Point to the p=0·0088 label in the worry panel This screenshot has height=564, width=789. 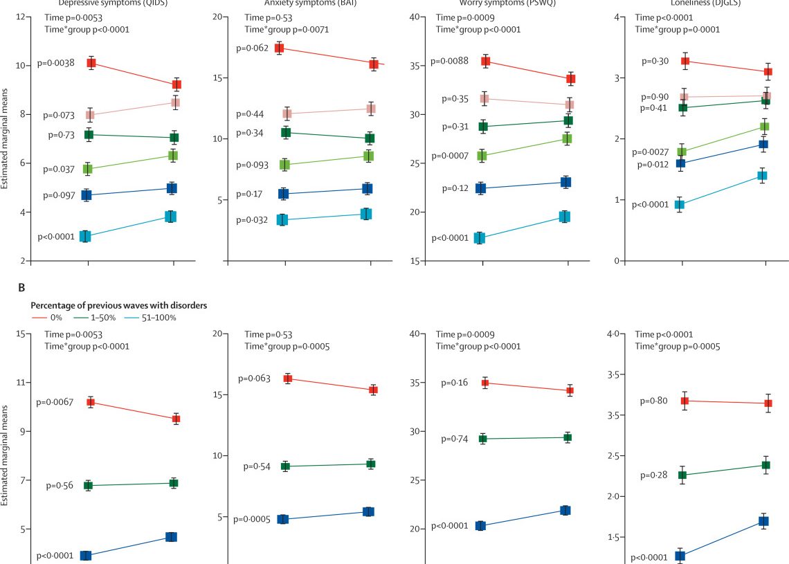[449, 61]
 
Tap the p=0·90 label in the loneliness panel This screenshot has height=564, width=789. [654, 97]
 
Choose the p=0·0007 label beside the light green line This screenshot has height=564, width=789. [449, 156]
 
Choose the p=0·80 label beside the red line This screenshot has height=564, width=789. [654, 401]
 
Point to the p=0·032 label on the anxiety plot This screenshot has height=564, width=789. [252, 220]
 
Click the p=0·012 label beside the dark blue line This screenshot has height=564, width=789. [651, 165]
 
